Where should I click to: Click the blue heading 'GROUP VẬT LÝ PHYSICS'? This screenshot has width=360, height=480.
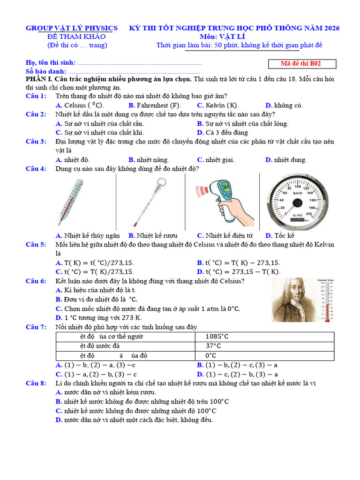[72, 28]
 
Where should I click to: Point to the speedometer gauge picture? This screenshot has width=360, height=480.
[297, 201]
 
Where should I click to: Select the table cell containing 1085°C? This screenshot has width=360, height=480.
[264, 337]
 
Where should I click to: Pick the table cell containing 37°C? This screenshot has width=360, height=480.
[264, 346]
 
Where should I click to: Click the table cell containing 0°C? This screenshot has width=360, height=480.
[264, 356]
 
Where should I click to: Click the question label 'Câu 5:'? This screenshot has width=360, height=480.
[36, 245]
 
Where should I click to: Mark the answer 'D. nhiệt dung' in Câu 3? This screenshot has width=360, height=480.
[286, 160]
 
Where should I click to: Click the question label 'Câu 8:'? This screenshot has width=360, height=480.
[36, 383]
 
